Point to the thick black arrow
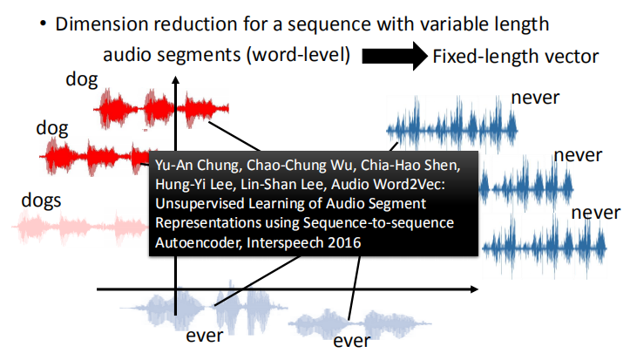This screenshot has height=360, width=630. click(393, 57)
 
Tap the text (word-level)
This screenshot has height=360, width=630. click(300, 55)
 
